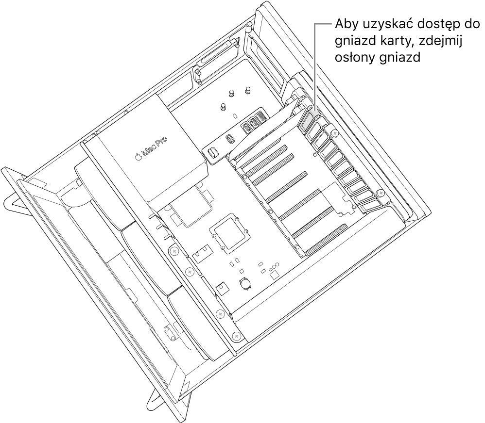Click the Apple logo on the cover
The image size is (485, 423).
[138, 157]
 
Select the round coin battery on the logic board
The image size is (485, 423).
[246, 283]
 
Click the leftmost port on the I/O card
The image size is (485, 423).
[212, 153]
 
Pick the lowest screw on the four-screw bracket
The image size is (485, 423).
[236, 335]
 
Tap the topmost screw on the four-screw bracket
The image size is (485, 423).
[174, 252]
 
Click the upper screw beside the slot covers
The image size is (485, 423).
[334, 134]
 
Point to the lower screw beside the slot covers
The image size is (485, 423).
[381, 193]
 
